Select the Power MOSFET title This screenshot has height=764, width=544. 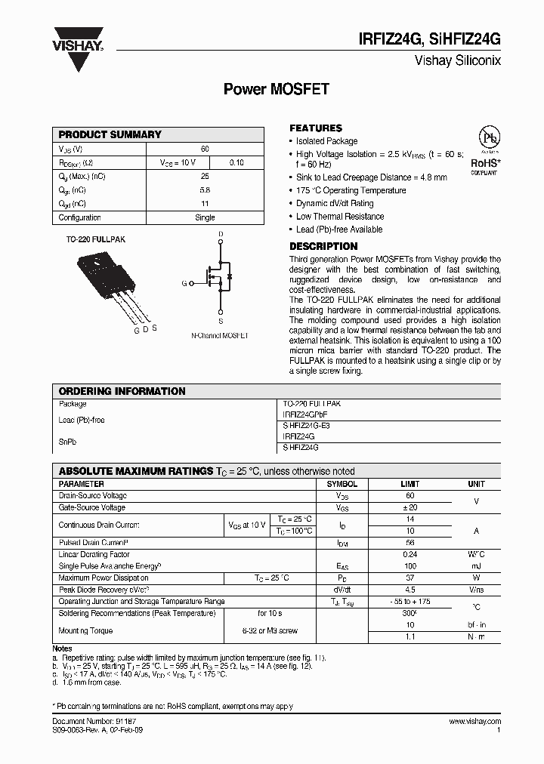(x=276, y=89)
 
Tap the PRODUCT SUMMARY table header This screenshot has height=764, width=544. (x=110, y=134)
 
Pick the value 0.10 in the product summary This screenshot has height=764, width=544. (x=236, y=162)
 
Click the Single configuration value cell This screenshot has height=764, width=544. (x=205, y=217)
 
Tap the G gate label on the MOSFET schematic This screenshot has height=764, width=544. (x=184, y=284)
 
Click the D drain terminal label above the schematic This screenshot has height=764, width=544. (x=221, y=234)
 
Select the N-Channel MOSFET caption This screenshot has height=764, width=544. (x=219, y=334)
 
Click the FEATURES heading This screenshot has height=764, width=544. (x=316, y=128)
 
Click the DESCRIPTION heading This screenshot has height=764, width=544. (x=323, y=246)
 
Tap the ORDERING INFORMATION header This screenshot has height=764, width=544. (x=122, y=391)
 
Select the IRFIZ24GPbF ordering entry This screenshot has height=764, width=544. (x=306, y=414)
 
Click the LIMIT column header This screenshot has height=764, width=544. (x=410, y=484)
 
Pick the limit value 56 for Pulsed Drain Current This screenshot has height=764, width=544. (x=410, y=543)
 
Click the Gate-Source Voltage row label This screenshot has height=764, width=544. (x=92, y=508)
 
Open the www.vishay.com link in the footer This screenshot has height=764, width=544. (x=474, y=722)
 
